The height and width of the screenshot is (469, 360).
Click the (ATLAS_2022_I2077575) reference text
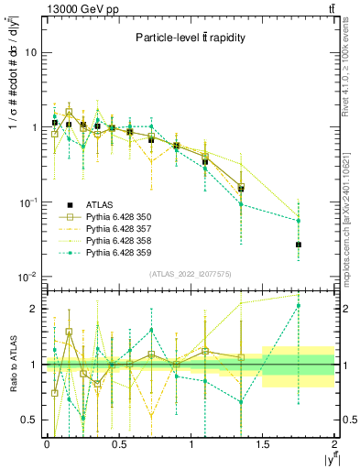coord(190,274)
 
